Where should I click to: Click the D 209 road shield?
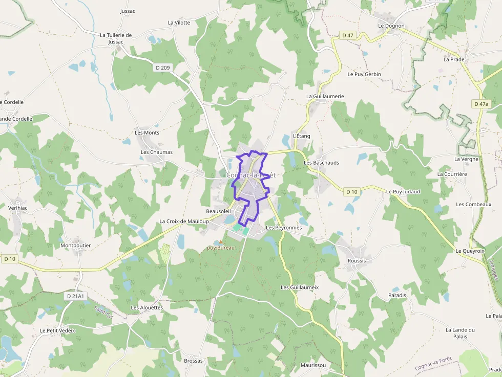coord(162,68)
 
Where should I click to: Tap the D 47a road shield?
coord(481,104)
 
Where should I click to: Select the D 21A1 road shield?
coord(74,296)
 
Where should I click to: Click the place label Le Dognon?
coord(391,26)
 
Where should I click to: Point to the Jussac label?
coord(128,11)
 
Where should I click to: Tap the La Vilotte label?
coord(179,23)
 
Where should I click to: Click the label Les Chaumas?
coord(157,152)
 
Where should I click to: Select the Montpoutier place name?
coord(75,246)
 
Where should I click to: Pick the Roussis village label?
coord(357,261)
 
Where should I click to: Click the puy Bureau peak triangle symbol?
coord(221,242)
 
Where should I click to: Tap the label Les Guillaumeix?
coord(300,287)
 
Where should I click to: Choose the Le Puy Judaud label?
coord(403,192)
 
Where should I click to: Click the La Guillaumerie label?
coord(325,96)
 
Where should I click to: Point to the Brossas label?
coord(193,361)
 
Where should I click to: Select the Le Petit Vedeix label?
coord(57,330)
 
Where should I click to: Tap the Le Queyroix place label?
coord(470,251)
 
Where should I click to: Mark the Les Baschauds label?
coord(321,163)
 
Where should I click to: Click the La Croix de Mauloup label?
coord(184,221)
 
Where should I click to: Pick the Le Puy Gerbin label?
coord(364,74)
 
